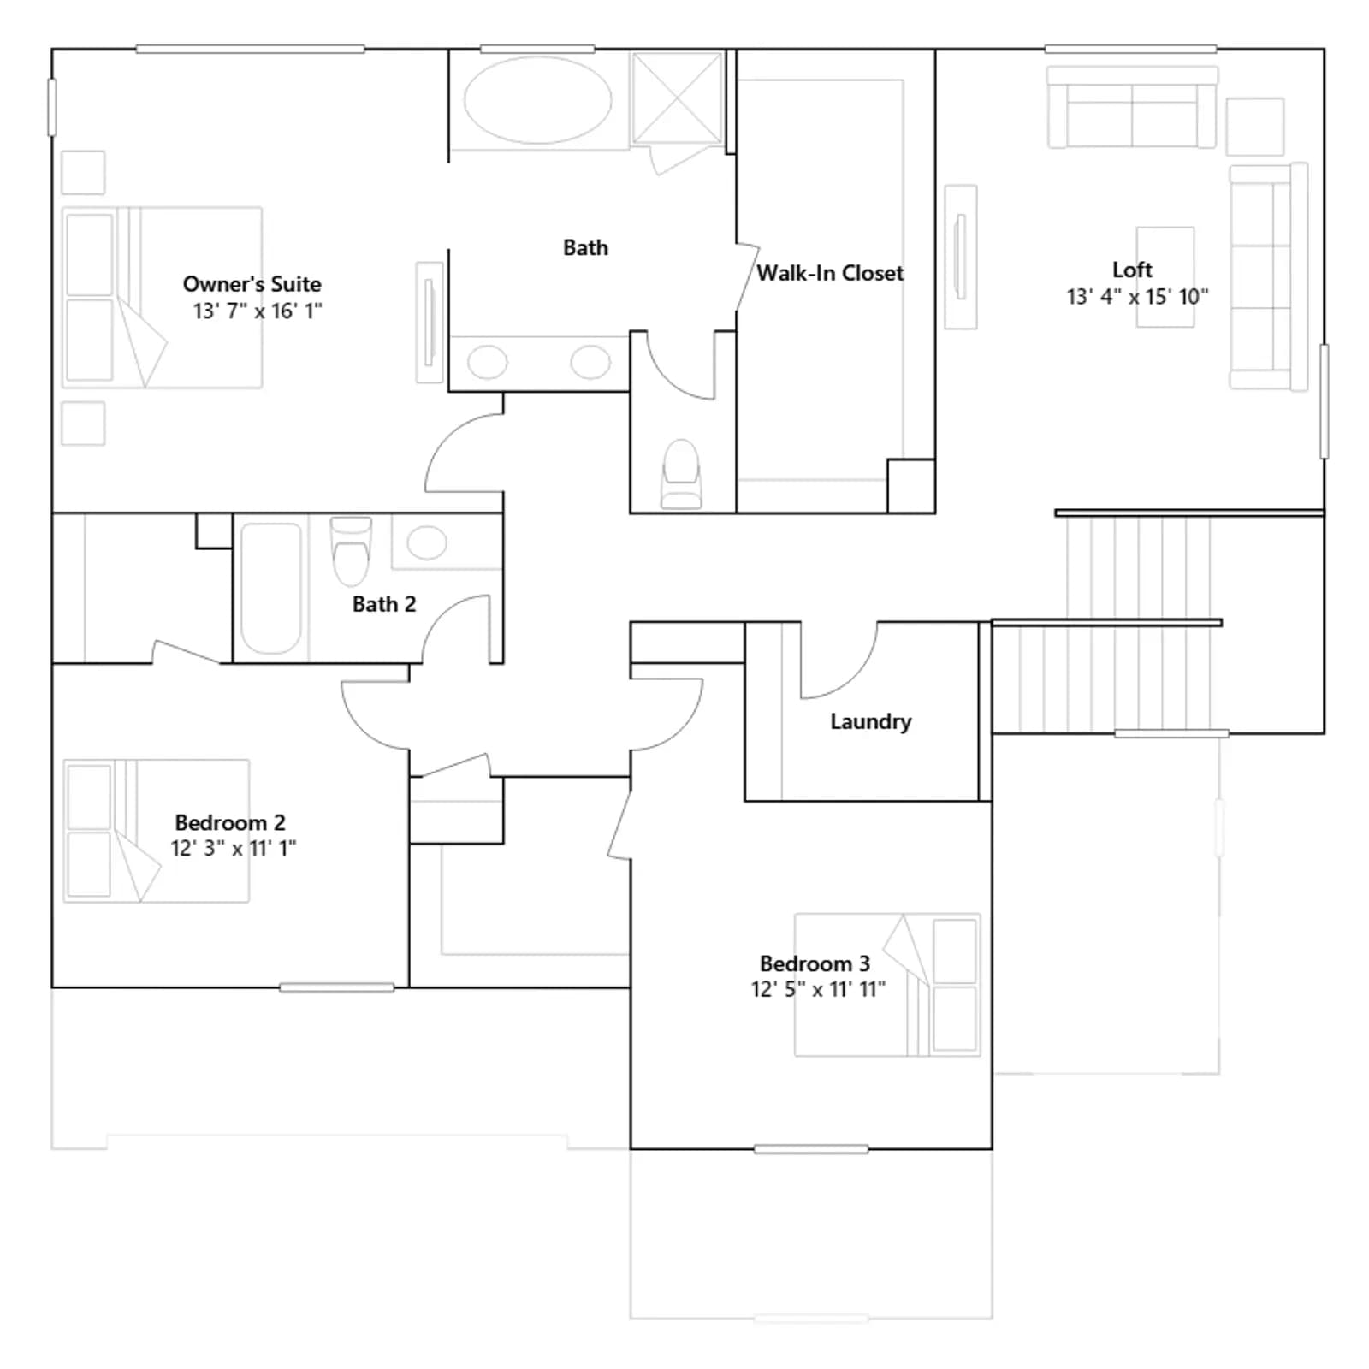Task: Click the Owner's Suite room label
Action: coord(252,284)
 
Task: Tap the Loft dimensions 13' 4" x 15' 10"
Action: coord(1137,297)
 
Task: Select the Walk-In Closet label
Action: coord(830,273)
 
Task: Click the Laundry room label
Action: coord(870,721)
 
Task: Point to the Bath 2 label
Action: coord(384,604)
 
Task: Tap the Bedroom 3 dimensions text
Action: coord(818,989)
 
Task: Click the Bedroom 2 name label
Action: coord(230,822)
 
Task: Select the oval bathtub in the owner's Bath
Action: coord(538,100)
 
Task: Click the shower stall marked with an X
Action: coord(677,98)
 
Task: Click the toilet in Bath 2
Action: coord(351,550)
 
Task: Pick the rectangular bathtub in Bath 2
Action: coord(271,589)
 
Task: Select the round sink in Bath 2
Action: coord(427,542)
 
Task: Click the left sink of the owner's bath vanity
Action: coord(488,362)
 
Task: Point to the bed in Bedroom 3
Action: coord(887,985)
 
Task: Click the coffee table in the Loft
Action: coord(1165,277)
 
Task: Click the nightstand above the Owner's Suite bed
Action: coord(83,173)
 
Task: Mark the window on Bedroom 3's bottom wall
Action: coord(811,1149)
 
